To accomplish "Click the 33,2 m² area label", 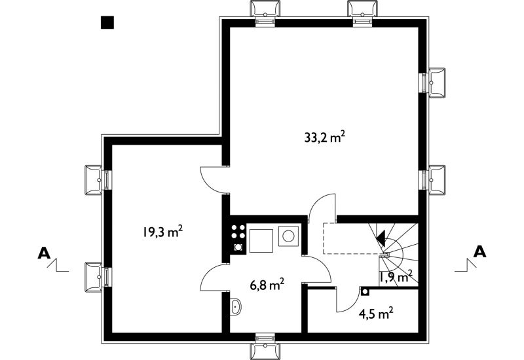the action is tap(324, 137).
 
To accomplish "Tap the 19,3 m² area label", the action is tap(162, 232).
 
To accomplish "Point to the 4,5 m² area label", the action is tap(375, 314).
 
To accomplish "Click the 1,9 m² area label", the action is tap(396, 276).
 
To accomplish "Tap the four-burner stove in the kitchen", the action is tap(238, 238).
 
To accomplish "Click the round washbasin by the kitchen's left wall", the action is tap(236, 306).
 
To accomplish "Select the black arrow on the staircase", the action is tap(381, 238).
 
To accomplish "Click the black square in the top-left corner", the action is tap(107, 22).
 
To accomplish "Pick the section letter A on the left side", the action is tap(44, 253).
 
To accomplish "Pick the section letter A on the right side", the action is tap(479, 252).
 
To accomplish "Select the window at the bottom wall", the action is tap(265, 346).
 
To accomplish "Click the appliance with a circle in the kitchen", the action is tap(288, 236).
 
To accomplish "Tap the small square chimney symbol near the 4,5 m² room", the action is tap(365, 292).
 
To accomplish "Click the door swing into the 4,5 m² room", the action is tap(348, 299).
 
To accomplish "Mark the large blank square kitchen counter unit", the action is tap(261, 240).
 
